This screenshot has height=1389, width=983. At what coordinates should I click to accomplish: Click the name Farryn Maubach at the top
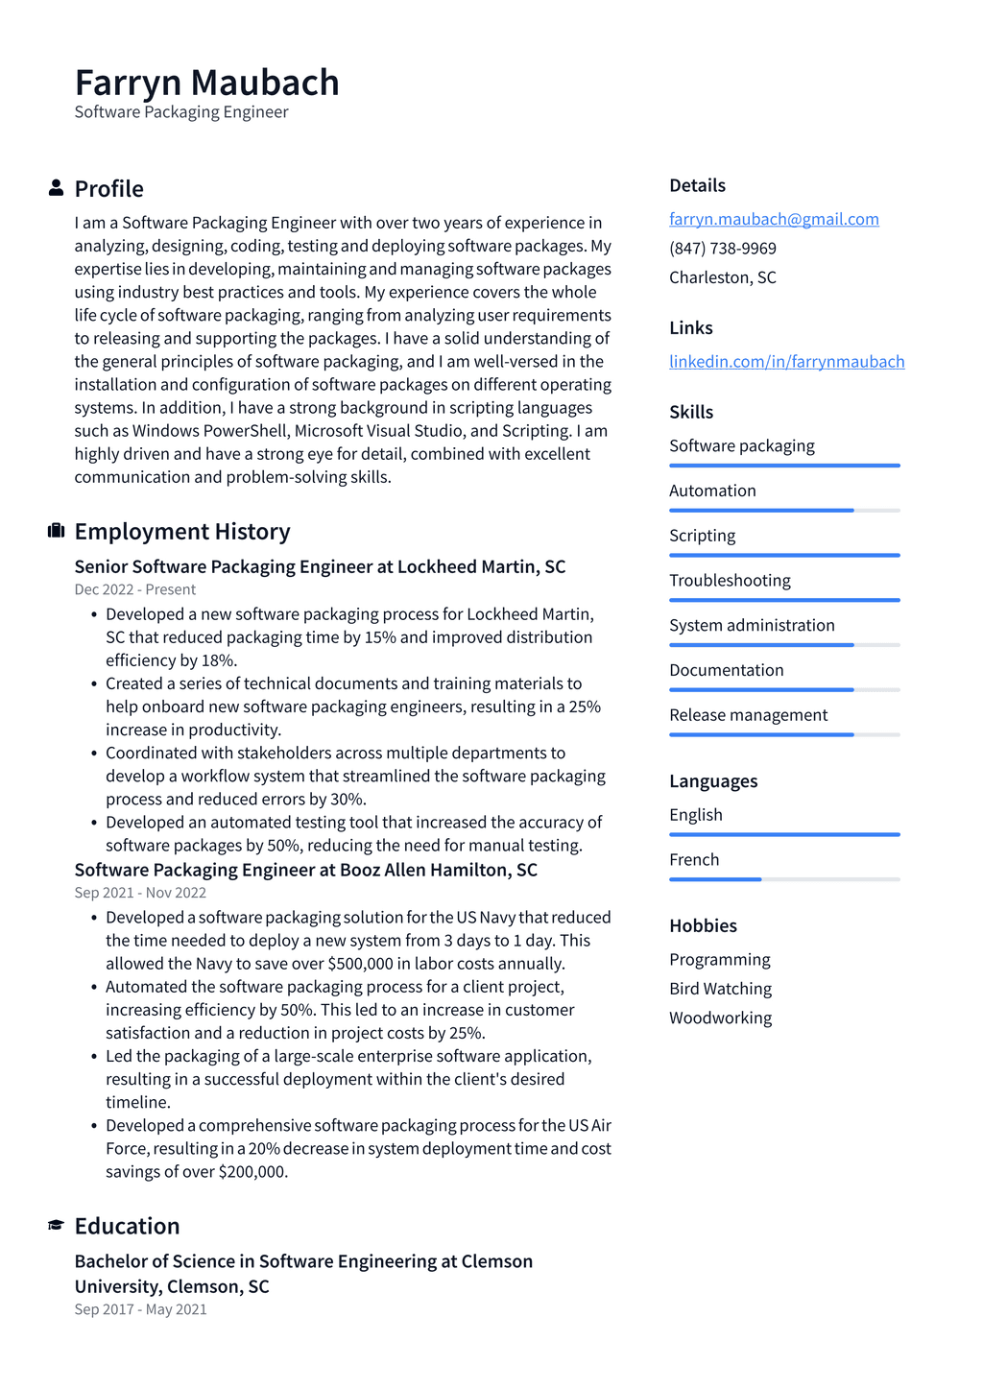pos(206,83)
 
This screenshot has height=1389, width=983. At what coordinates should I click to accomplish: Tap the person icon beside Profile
pos(56,188)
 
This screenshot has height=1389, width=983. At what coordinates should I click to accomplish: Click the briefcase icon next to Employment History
pos(56,531)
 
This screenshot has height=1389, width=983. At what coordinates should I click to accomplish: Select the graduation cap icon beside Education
pos(56,1225)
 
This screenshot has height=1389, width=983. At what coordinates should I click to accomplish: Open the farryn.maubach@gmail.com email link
pos(774,219)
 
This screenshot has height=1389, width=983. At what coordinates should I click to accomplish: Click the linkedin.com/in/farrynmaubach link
pos(786,361)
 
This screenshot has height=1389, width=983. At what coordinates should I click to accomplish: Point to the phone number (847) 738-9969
pos(722,248)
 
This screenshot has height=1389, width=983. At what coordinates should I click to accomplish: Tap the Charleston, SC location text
pos(722,276)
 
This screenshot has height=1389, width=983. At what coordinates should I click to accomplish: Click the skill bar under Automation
pos(784,510)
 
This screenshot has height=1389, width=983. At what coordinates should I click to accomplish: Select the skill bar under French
pos(784,879)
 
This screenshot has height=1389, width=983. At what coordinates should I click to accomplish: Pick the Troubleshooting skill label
pos(730,580)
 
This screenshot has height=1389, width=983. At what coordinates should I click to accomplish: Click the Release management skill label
pos(748,714)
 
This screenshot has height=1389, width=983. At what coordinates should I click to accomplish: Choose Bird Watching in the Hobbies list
pos(720,988)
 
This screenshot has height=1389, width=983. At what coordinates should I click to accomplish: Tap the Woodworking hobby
pos(720,1017)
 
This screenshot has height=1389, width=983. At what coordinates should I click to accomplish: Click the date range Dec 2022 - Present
pos(134,589)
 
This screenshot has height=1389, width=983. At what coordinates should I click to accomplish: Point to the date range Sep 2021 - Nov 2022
pos(140,893)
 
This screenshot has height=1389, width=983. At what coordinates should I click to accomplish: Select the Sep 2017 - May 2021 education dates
pos(140,1309)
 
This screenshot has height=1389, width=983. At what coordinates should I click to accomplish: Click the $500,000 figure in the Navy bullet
pos(360,964)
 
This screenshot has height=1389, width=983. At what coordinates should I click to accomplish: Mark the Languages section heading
pos(713,780)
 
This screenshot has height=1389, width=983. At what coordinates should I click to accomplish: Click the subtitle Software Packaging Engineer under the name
pos(181,111)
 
